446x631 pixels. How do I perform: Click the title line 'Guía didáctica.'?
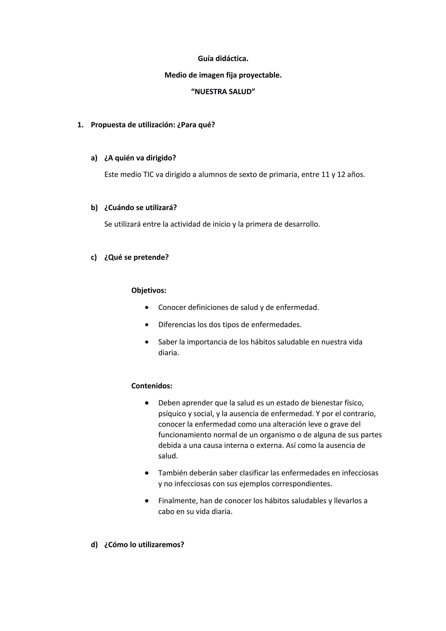(x=223, y=59)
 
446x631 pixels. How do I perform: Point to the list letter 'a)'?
(x=94, y=158)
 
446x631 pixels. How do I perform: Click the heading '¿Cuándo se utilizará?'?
(x=140, y=208)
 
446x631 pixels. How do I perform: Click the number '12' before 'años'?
(x=341, y=174)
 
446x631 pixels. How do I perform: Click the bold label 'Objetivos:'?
(x=149, y=290)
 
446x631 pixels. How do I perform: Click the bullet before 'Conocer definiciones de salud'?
(x=147, y=307)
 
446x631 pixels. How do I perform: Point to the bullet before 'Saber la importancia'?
(x=147, y=342)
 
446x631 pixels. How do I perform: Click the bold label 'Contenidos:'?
(x=152, y=386)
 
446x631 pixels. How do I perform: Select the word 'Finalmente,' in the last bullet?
(x=178, y=501)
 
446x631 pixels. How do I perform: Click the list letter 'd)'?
(x=94, y=545)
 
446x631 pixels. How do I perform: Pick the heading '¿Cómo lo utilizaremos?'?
(x=144, y=545)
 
